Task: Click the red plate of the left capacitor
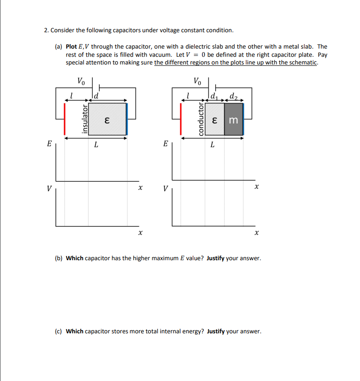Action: click(64, 119)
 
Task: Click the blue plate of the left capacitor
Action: click(127, 119)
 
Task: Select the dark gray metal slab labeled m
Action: click(233, 119)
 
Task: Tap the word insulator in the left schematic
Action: click(84, 119)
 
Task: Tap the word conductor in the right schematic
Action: click(200, 119)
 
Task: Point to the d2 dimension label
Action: click(233, 96)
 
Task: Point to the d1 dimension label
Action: click(215, 96)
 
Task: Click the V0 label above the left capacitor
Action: click(81, 82)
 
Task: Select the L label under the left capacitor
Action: click(96, 145)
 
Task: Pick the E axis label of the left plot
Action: click(49, 144)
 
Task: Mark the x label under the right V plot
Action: click(256, 233)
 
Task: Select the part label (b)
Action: click(59, 258)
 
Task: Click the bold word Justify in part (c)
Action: click(216, 331)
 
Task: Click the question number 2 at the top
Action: click(46, 30)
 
